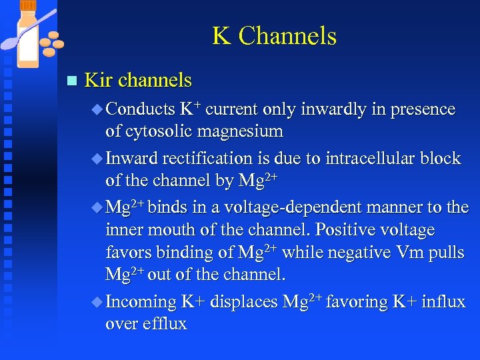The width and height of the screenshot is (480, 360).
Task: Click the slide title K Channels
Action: click(274, 36)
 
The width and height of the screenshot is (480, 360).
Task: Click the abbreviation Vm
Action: click(415, 253)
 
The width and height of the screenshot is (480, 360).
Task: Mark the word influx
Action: click(444, 302)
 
